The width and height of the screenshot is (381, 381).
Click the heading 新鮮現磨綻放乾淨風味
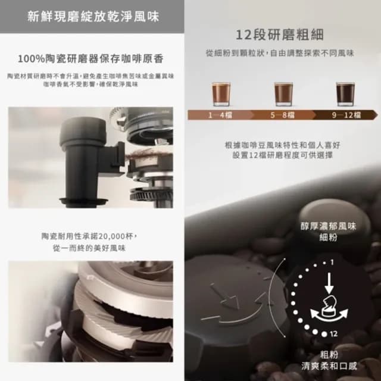click(93, 16)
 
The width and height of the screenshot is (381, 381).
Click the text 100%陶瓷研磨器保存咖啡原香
click(91, 58)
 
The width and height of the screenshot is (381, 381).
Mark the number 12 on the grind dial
click(333, 334)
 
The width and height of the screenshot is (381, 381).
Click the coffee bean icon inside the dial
click(329, 304)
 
